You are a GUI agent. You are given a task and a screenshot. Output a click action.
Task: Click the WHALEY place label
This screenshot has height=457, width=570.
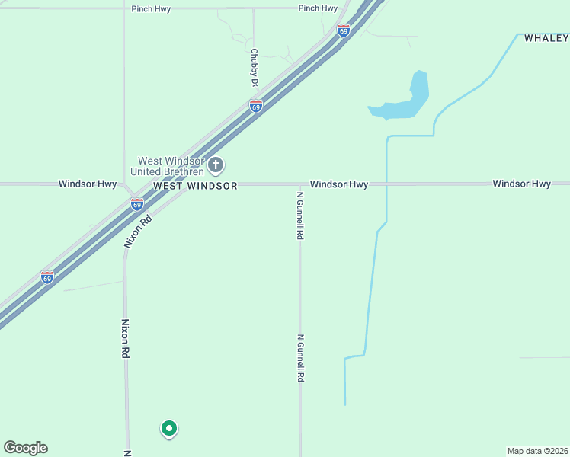[546, 37]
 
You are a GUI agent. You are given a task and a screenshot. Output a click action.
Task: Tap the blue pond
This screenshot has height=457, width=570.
[404, 103]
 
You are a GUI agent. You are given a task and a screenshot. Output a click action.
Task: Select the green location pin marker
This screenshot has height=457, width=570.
[169, 429]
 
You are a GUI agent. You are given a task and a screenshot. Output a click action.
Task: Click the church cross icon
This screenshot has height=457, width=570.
[216, 165]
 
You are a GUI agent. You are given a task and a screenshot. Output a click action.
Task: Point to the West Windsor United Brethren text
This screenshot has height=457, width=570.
[171, 166]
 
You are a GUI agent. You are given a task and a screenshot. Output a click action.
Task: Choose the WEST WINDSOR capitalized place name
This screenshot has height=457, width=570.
[195, 186]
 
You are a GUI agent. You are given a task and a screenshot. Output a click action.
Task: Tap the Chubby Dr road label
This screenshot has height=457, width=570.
[254, 67]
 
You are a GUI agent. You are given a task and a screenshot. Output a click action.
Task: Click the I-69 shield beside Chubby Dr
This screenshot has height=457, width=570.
[256, 106]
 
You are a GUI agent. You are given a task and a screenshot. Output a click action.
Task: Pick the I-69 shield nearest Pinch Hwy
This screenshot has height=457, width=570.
[344, 30]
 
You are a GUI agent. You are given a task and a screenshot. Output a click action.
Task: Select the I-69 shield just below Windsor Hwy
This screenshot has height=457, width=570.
[136, 204]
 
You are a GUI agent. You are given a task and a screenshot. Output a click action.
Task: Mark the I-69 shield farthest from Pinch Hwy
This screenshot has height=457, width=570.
[47, 277]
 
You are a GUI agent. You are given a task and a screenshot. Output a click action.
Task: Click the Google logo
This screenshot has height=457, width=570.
[25, 448]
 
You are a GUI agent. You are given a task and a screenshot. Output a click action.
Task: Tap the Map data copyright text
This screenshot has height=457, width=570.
[538, 451]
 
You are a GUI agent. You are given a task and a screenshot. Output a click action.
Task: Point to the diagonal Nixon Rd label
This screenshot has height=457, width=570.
[139, 232]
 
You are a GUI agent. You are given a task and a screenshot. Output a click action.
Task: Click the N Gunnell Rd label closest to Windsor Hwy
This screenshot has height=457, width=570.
[300, 216]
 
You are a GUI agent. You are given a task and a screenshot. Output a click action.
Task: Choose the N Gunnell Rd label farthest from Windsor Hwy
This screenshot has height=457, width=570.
[301, 358]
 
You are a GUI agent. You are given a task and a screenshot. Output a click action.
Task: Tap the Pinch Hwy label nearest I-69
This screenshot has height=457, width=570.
[318, 8]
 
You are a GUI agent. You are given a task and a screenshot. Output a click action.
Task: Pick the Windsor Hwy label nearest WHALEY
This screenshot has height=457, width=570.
[521, 184]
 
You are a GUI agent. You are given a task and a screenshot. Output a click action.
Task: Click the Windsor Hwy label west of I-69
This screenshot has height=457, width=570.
[88, 184]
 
